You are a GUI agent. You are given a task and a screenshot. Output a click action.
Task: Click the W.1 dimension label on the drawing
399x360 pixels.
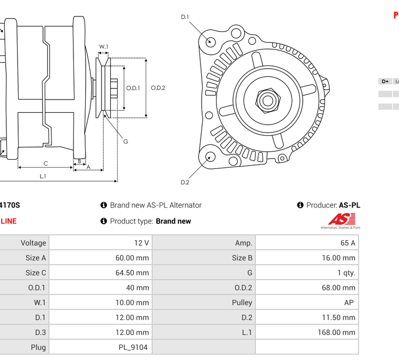[104, 47]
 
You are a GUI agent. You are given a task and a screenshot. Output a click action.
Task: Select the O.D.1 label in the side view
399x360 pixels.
[133, 88]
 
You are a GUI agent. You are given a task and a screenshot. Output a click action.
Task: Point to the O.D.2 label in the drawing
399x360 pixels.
[158, 88]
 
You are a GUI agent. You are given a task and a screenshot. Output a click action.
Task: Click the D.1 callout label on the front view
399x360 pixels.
[185, 17]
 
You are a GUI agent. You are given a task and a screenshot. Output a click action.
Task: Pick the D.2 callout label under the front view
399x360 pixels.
[185, 183]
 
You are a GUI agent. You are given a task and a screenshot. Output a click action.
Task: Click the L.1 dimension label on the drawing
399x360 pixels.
[43, 176]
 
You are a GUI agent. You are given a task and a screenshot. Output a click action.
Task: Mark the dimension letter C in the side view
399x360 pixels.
[46, 163]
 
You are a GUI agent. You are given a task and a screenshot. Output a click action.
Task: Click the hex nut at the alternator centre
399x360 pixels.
[268, 100]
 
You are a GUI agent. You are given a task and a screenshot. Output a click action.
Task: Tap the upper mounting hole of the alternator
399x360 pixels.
[211, 42]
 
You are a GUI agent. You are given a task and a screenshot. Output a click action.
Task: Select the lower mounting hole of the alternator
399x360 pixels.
[211, 157]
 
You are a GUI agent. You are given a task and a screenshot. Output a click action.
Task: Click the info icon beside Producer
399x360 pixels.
[300, 205]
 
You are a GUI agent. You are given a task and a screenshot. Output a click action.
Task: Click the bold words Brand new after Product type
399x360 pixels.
[173, 221]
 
